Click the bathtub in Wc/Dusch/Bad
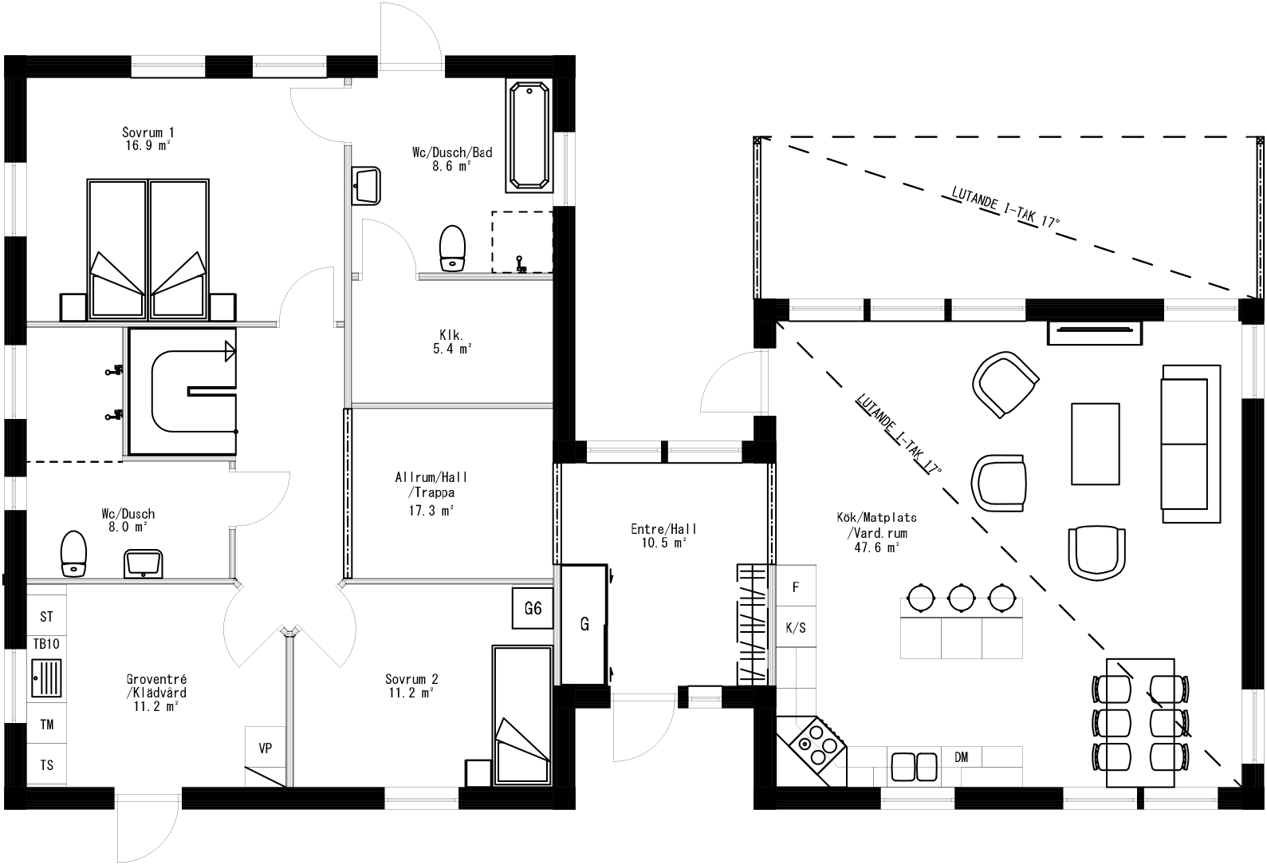[529, 136]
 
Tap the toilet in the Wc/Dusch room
[73, 553]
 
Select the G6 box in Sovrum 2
[533, 609]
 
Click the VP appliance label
[266, 748]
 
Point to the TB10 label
[47, 644]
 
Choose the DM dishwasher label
[961, 757]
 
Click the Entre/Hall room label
[663, 535]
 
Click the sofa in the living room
[1190, 444]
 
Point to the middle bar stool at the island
[961, 595]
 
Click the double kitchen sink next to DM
[914, 766]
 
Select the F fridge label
[795, 587]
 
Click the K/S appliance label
[796, 628]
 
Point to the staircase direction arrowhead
[230, 350]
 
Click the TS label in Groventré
[47, 765]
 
